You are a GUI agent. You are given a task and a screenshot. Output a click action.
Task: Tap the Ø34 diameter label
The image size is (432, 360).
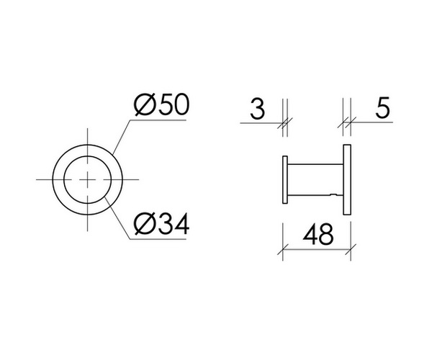point(161,226)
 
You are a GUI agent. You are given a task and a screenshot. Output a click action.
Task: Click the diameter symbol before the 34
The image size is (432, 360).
point(143,226)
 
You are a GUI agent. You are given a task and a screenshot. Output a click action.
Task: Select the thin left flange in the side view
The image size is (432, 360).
point(284,179)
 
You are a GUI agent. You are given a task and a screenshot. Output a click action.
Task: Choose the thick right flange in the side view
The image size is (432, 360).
point(347,179)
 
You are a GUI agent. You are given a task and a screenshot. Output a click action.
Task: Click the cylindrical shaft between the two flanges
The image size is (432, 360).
point(315,179)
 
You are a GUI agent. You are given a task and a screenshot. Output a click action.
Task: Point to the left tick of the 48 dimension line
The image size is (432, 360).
point(283,251)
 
